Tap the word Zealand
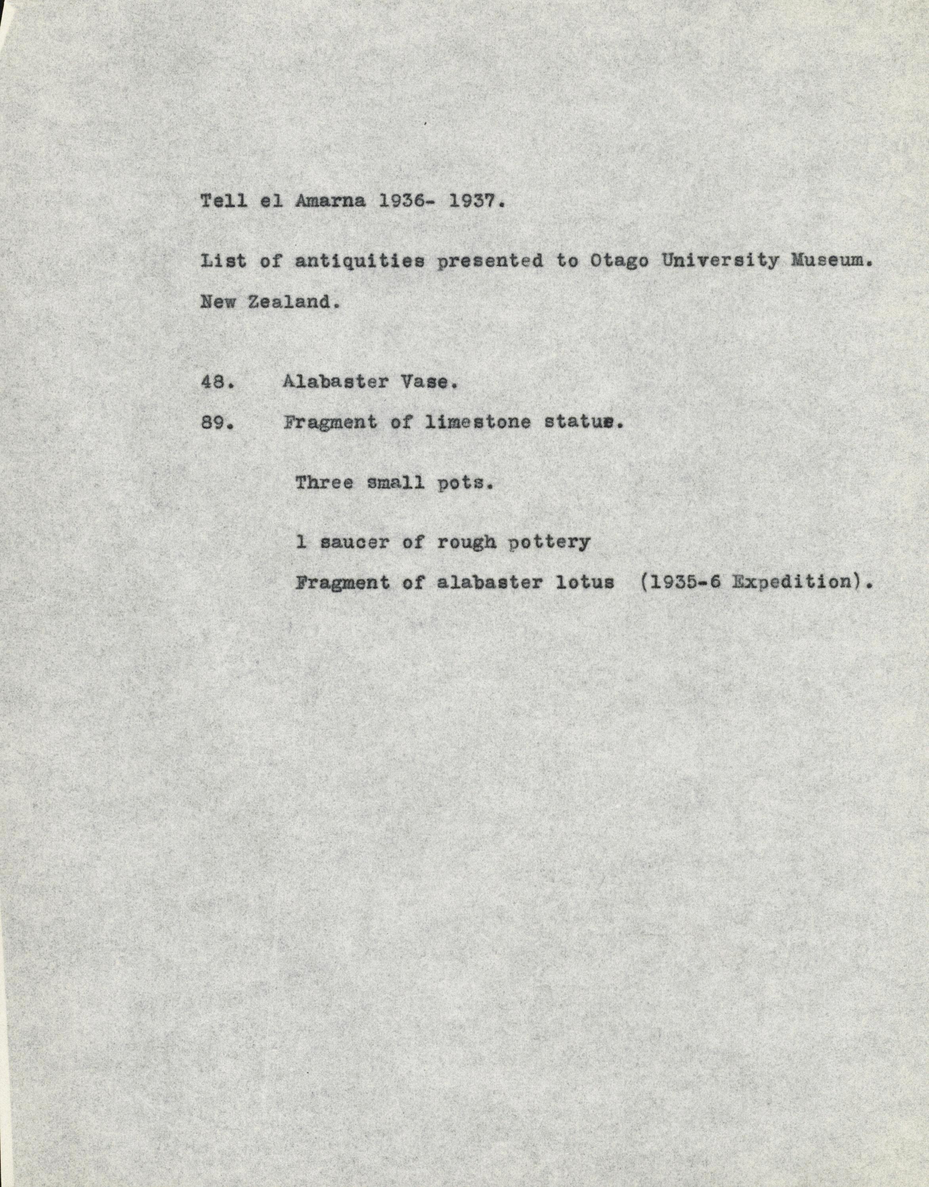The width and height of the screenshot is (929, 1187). [290, 302]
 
